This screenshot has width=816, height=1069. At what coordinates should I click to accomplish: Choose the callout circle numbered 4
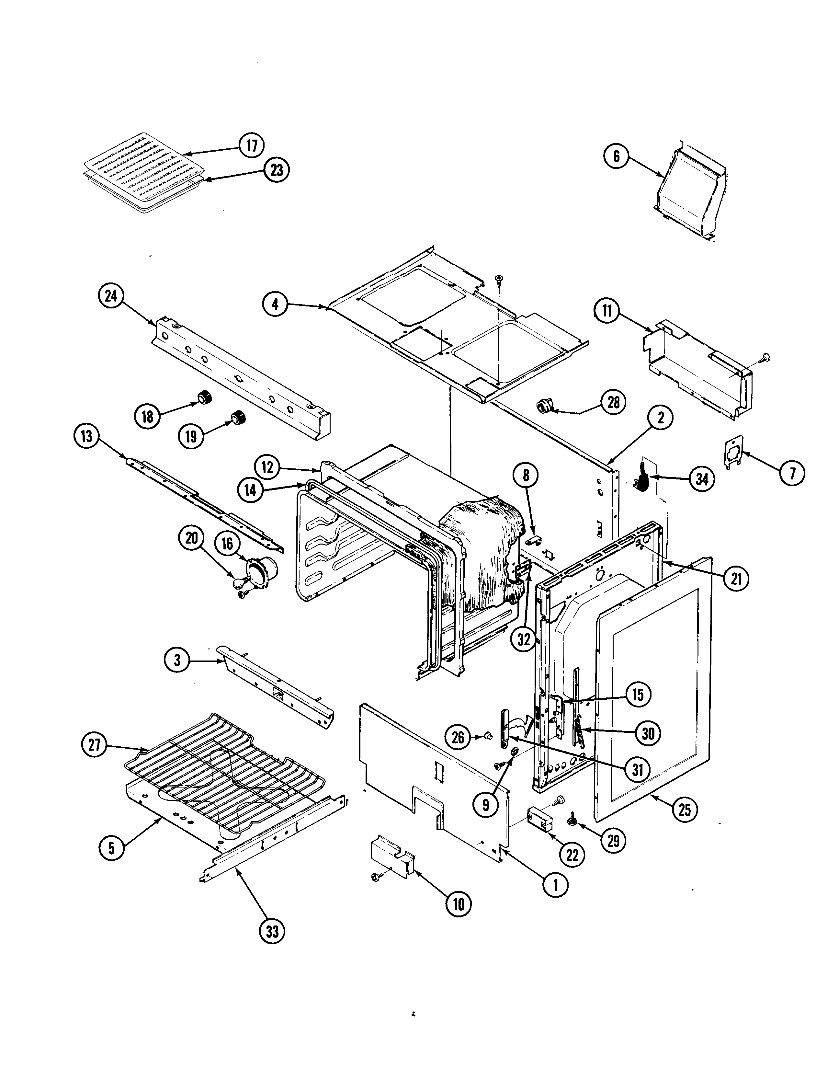pyautogui.click(x=275, y=305)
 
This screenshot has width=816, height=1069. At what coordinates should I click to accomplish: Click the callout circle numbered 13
pyautogui.click(x=86, y=436)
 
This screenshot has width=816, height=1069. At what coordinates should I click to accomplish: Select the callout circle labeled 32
pyautogui.click(x=524, y=639)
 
